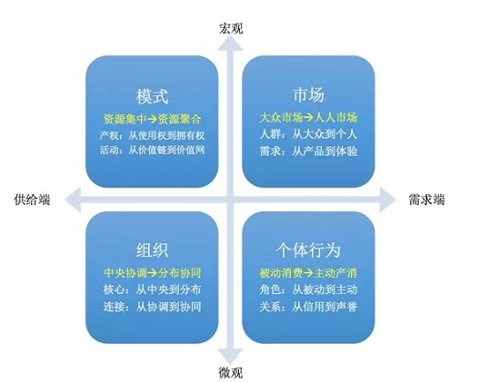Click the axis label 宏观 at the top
coord(231,28)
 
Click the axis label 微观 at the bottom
coord(231,372)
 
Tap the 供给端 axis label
coord(32,200)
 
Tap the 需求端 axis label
coord(426,200)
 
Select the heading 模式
coord(152,96)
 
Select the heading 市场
coord(308,94)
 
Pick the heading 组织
coord(152,250)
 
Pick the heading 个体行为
coord(308,250)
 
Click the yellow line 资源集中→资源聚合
coord(152,119)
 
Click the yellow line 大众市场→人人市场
coord(308,118)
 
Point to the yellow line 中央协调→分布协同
coord(152,273)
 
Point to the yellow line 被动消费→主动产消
coord(308,273)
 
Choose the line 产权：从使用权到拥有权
coord(152,136)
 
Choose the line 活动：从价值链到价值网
coord(152,150)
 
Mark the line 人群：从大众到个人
coord(308,134)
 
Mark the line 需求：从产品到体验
coord(308,152)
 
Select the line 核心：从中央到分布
coord(152,289)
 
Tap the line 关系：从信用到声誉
coord(308,307)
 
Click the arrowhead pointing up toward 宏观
coord(230,44)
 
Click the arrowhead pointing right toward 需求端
coord(388,200)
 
